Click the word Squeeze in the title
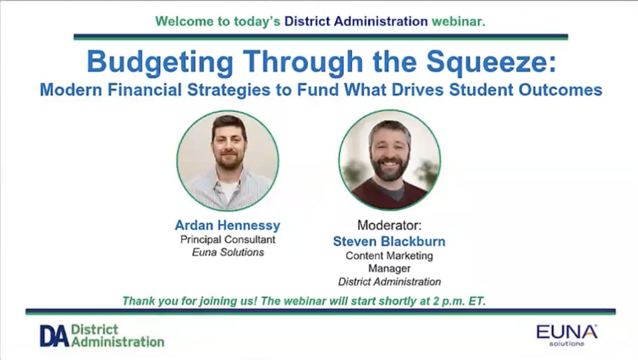click(491, 63)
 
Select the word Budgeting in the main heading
click(160, 63)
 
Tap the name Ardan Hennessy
click(227, 225)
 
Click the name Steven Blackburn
click(389, 241)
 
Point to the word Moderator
click(389, 225)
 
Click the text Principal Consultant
click(228, 239)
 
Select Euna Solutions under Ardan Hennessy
click(228, 252)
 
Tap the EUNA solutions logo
click(567, 335)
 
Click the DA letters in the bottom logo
click(54, 336)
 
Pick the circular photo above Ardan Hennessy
click(228, 161)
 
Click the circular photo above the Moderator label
click(389, 160)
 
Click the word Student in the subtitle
click(482, 90)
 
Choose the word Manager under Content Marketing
click(389, 268)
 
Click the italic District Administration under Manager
click(389, 282)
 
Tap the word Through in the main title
click(303, 63)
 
